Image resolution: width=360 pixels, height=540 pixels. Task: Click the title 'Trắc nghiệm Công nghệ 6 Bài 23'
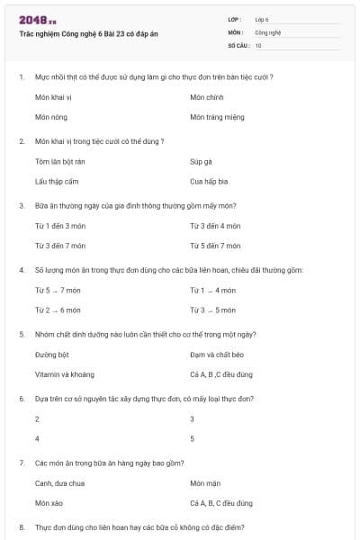[88, 33]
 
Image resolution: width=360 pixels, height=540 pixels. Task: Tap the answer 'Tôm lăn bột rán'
[60, 162]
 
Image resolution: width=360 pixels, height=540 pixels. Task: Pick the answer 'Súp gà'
[201, 162]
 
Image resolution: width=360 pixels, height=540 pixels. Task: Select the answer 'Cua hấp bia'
[210, 181]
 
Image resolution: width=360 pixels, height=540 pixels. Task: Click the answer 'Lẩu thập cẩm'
[57, 181]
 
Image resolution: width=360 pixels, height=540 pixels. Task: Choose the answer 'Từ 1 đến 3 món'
[59, 226]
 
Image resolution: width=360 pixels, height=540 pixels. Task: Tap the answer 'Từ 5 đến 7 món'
[215, 246]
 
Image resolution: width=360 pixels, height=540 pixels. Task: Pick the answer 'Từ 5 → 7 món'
[58, 291]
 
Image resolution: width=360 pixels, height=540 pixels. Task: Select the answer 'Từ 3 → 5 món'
[212, 310]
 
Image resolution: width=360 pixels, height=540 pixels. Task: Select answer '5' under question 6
[193, 438]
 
